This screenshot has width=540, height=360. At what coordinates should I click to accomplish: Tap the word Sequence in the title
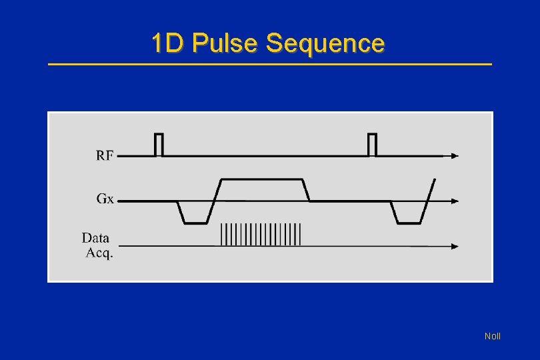(x=325, y=43)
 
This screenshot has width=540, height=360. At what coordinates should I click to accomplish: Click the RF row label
(x=105, y=156)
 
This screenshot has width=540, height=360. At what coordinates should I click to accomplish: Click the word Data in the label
(x=96, y=238)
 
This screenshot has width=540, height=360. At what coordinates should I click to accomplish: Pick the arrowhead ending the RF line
(x=455, y=156)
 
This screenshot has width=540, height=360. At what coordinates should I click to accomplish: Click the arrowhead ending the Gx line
(x=455, y=200)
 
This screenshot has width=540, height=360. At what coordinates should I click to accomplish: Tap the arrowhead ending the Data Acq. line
(x=455, y=246)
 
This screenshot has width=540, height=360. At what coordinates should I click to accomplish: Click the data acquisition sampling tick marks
(x=261, y=235)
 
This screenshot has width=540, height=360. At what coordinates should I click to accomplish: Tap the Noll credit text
(x=492, y=336)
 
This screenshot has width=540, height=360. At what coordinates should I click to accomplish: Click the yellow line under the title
(x=270, y=64)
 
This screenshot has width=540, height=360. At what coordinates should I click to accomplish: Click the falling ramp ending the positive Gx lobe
(x=307, y=190)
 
